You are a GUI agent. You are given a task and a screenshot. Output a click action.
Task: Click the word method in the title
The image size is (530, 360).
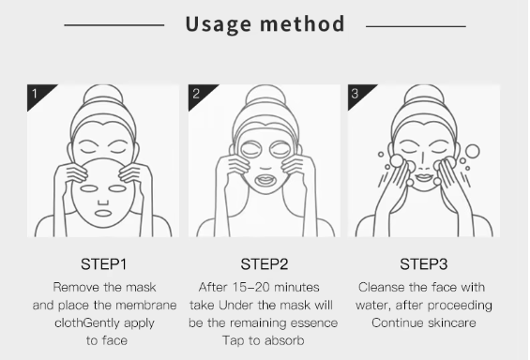[x=303, y=23]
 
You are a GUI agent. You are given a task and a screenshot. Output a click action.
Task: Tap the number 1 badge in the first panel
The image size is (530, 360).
[x=36, y=94]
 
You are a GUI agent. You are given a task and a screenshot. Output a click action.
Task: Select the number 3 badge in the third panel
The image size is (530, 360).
[x=356, y=94]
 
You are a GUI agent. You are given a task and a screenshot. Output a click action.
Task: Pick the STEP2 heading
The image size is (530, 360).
[x=265, y=263]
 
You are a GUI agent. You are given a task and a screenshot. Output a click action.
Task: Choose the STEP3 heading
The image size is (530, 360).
[x=424, y=263]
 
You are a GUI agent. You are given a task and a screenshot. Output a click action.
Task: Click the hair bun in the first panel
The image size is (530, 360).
[x=102, y=97]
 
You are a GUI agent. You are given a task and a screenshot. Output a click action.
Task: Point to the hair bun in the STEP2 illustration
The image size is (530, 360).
[x=265, y=97]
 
